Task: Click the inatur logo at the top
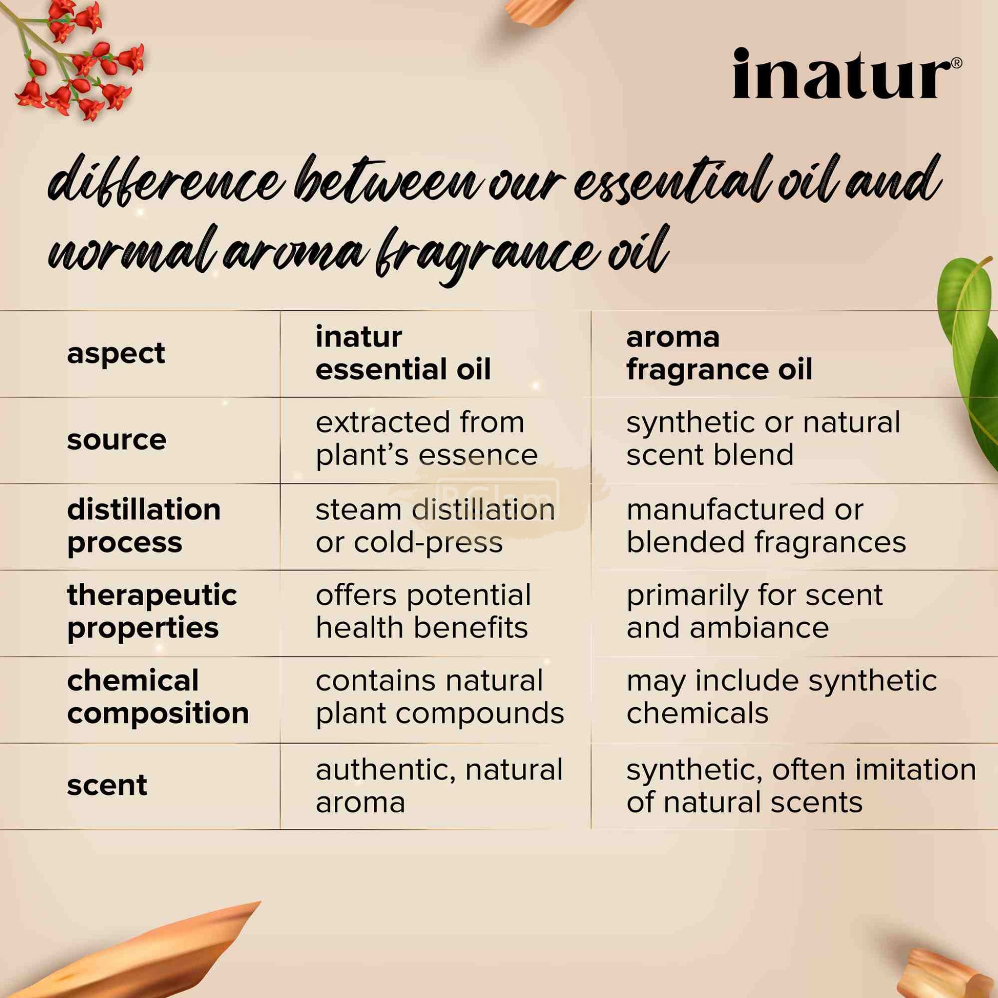[x=842, y=74]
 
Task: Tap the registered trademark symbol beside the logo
[x=956, y=63]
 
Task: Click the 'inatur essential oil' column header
[x=403, y=353]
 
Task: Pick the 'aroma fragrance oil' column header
[x=719, y=353]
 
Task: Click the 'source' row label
[x=117, y=440]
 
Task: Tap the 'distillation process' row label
[x=144, y=526]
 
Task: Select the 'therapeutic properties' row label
[x=152, y=612]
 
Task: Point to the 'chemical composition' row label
[x=157, y=697]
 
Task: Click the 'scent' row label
[x=107, y=785]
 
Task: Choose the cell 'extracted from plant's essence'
[x=427, y=439]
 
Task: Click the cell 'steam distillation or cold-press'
[x=435, y=526]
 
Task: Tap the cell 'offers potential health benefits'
[x=423, y=612]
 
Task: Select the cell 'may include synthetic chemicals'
[x=782, y=697]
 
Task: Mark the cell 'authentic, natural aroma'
[x=439, y=786]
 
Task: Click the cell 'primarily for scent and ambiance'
[x=755, y=612]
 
